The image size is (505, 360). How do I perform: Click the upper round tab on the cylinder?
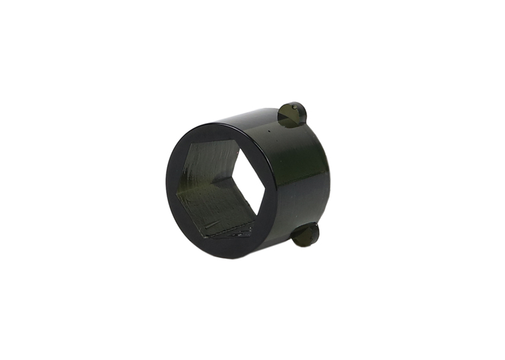point(292,114)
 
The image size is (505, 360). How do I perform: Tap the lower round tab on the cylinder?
point(306,234)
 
